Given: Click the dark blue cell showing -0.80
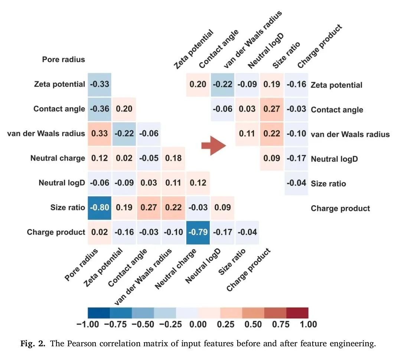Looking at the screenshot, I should [99, 207].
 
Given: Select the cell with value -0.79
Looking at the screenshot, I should [198, 232].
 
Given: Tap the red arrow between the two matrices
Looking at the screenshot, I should [213, 145].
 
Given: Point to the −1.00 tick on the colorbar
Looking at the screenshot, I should [88, 324].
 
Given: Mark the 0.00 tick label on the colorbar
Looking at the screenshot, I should [198, 324].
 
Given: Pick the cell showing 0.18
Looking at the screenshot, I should [173, 158].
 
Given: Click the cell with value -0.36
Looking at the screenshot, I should [99, 109].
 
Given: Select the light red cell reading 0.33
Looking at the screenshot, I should [99, 133].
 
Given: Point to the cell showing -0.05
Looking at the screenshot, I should [149, 158].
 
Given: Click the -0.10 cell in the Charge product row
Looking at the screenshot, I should [173, 232].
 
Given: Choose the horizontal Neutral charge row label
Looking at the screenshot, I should [58, 158].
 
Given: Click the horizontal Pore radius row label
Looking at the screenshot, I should [63, 59].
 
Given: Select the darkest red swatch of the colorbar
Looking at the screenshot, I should [297, 313].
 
